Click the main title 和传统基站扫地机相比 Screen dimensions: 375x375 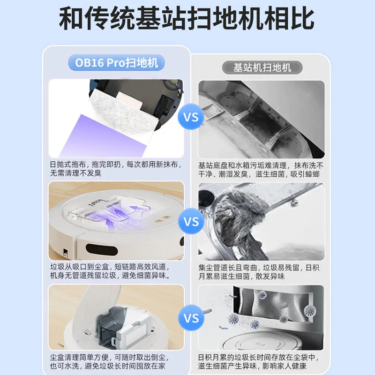[x=187, y=20]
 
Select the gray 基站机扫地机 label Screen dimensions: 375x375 [x=262, y=67]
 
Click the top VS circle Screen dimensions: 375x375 [x=191, y=117]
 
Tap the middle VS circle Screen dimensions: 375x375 [x=191, y=221]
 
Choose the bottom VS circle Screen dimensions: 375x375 [x=191, y=319]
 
